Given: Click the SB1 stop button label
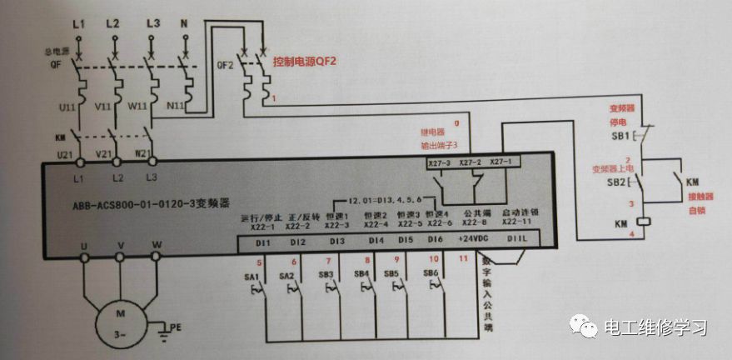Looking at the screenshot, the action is (x=619, y=135).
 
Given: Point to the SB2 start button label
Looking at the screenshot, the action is (x=619, y=182).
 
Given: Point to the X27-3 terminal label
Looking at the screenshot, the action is (x=438, y=162).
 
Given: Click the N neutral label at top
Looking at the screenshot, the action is (x=184, y=24).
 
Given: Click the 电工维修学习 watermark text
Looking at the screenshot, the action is (x=655, y=327).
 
